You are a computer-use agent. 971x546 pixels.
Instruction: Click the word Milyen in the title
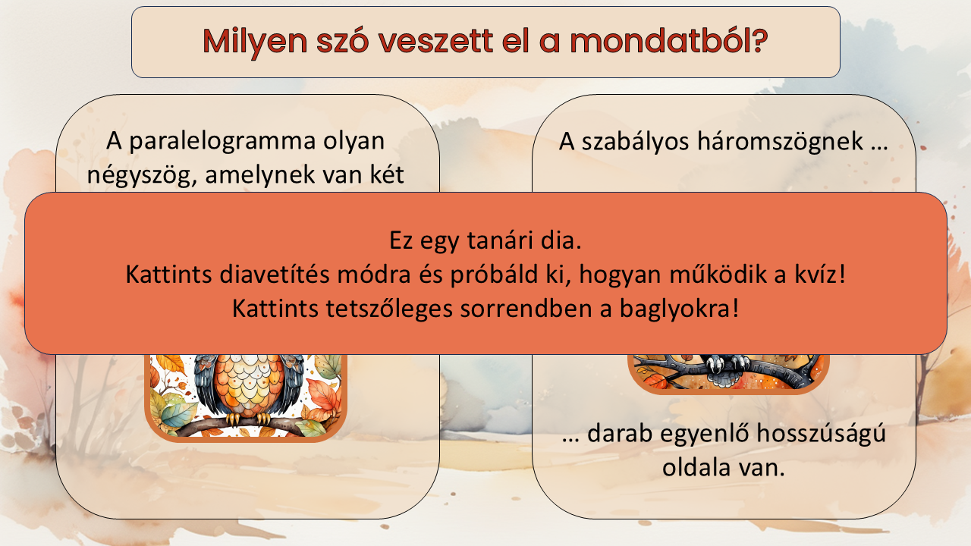pyautogui.click(x=255, y=42)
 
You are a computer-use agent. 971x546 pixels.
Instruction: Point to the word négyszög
pyautogui.click(x=139, y=175)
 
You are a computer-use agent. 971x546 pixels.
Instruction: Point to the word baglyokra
pyautogui.click(x=679, y=309)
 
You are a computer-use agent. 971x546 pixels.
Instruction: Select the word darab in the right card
pyautogui.click(x=620, y=433)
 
